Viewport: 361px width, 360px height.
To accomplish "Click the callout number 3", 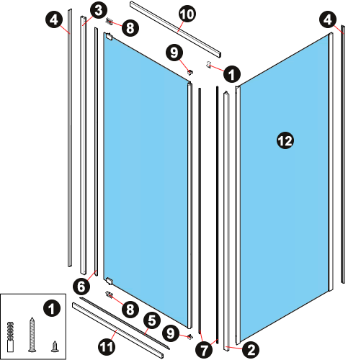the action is (99, 11).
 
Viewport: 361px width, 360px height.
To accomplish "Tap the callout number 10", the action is (187, 14).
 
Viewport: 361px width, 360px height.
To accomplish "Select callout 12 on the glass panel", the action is (285, 140).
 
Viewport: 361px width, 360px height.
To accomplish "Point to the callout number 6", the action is (81, 286).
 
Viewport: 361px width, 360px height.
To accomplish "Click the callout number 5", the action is (152, 321).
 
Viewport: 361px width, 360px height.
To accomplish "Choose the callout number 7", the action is (204, 350).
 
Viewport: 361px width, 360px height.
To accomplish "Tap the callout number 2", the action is (251, 350).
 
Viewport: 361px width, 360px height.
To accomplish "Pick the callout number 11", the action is (107, 346).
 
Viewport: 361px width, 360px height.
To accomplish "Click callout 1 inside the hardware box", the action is (52, 309).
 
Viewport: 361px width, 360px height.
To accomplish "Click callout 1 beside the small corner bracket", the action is (232, 74).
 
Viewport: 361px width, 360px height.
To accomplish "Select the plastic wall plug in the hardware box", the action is (10, 337).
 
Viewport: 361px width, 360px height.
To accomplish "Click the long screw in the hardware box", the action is (32, 335).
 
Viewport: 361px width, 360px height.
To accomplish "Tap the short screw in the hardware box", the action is (55, 346).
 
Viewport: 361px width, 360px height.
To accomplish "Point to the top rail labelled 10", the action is (176, 30).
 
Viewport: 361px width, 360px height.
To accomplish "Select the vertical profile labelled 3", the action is (83, 145).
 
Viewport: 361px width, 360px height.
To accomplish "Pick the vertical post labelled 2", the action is (226, 221).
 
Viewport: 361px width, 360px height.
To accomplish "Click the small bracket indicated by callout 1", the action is (209, 64).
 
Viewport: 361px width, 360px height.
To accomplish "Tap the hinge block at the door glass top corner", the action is (110, 37).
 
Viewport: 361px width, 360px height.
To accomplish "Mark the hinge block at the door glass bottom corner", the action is (110, 281).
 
